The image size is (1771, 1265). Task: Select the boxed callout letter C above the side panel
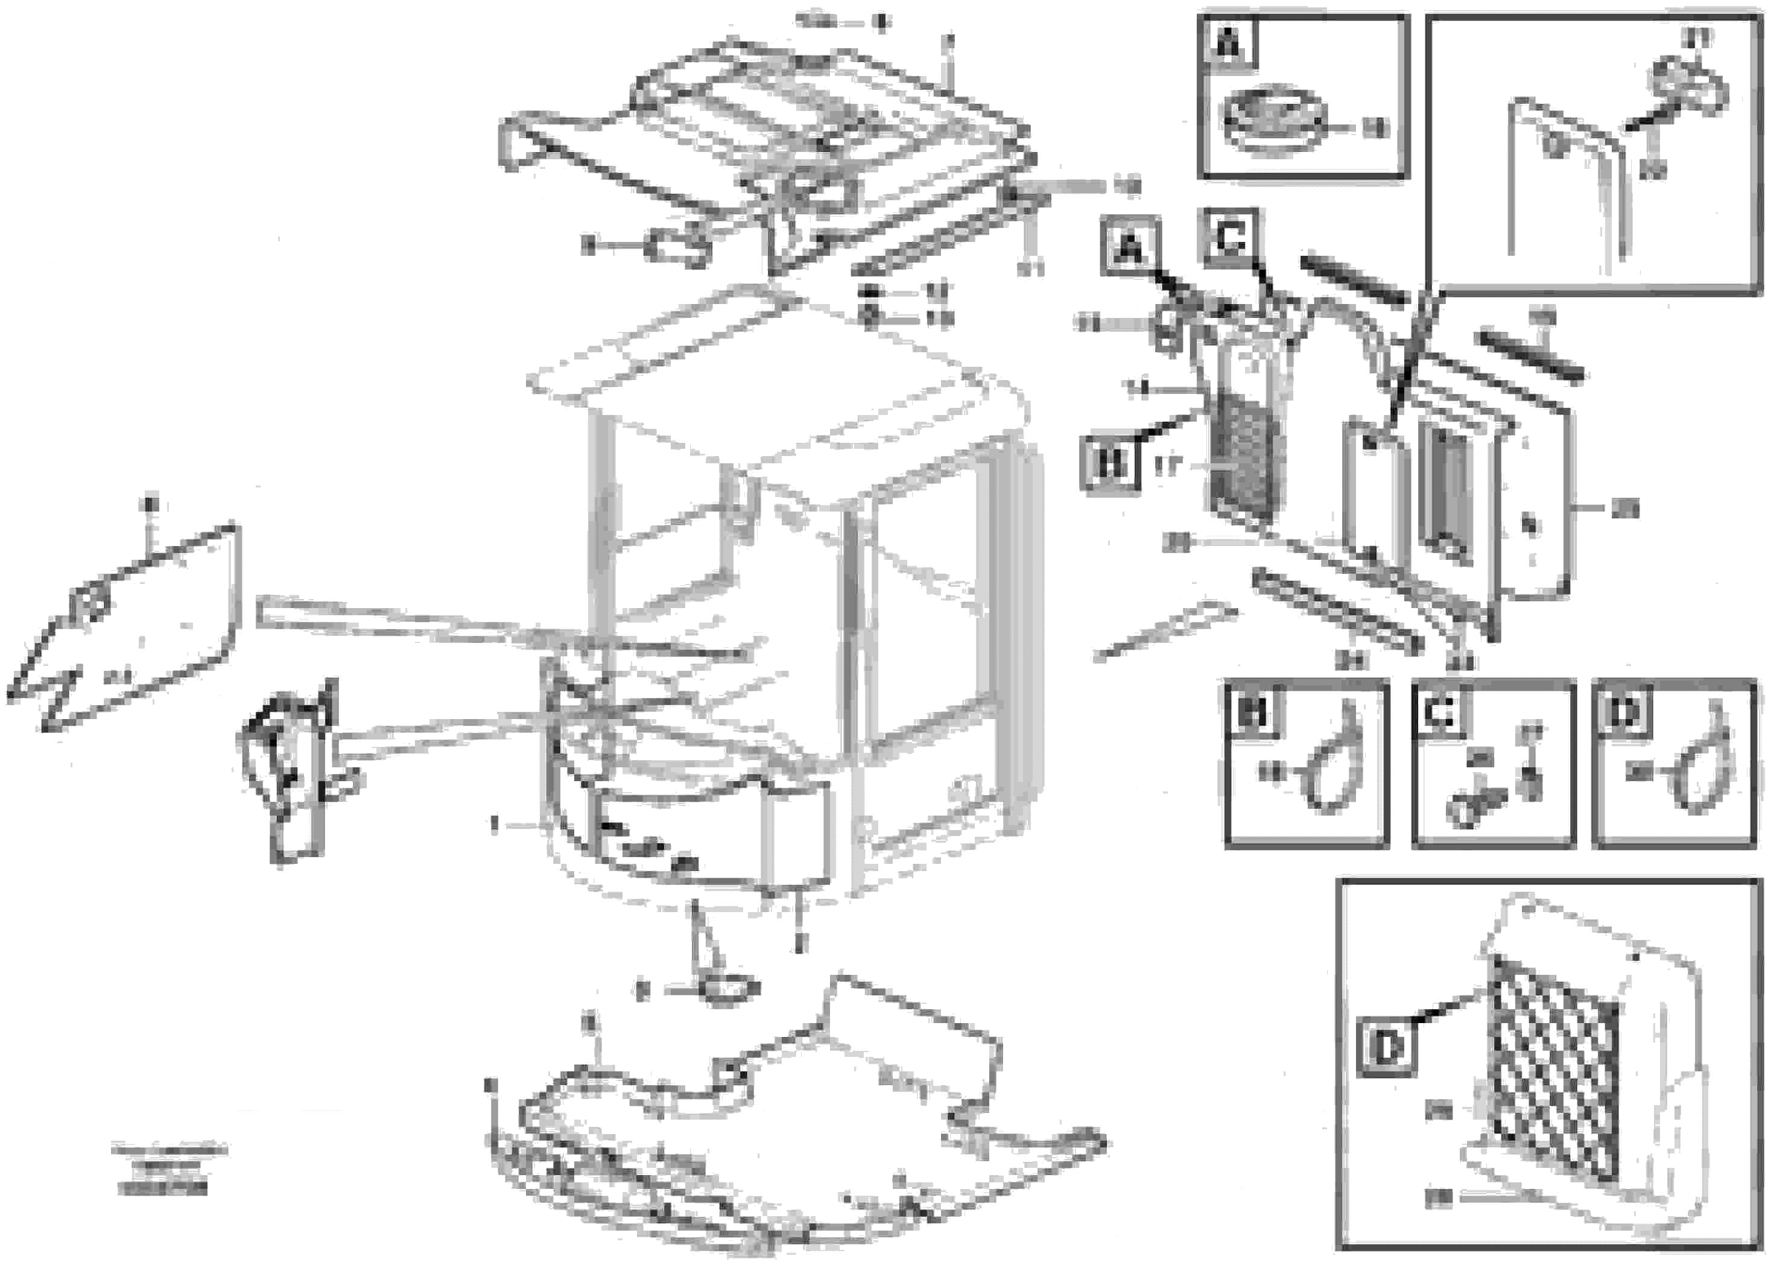(x=1230, y=240)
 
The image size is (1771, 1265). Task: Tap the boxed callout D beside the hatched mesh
(x=1387, y=1048)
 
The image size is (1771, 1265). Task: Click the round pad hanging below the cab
(x=729, y=989)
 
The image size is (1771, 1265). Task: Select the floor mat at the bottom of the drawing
(x=779, y=1129)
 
